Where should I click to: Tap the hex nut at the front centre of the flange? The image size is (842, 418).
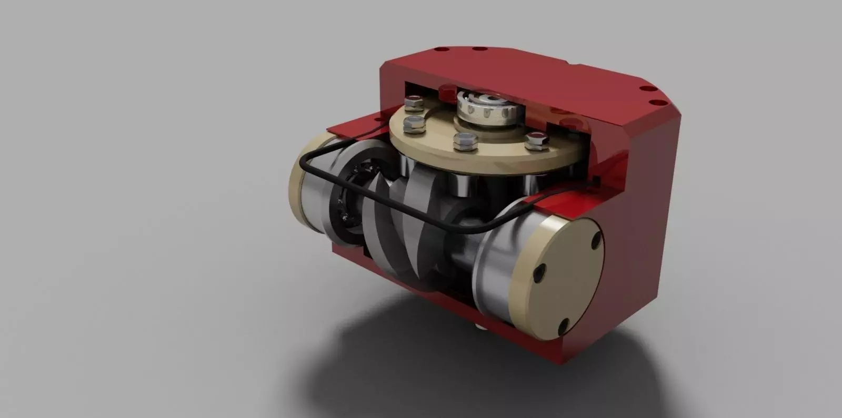pyautogui.click(x=464, y=139)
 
